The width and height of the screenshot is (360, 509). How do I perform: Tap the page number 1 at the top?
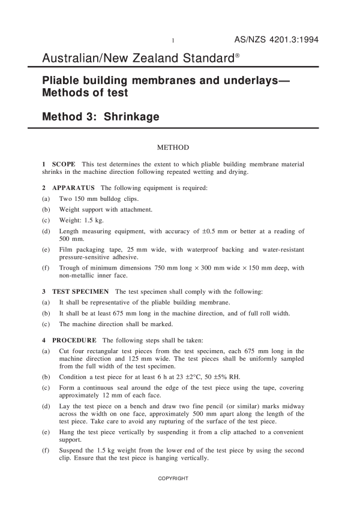[x=173, y=41]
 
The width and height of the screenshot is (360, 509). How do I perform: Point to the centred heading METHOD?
[x=173, y=147]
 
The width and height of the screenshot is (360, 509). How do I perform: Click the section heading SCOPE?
[x=64, y=164]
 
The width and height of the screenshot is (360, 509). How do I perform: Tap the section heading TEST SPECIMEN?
[x=80, y=291]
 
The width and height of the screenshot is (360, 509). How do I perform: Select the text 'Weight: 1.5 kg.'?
[x=82, y=220]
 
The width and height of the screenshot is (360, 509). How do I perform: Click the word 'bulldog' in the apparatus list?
[x=121, y=198]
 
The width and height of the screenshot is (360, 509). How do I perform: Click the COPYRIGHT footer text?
[x=173, y=478]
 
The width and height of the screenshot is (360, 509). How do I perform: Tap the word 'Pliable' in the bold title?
[x=61, y=81]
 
